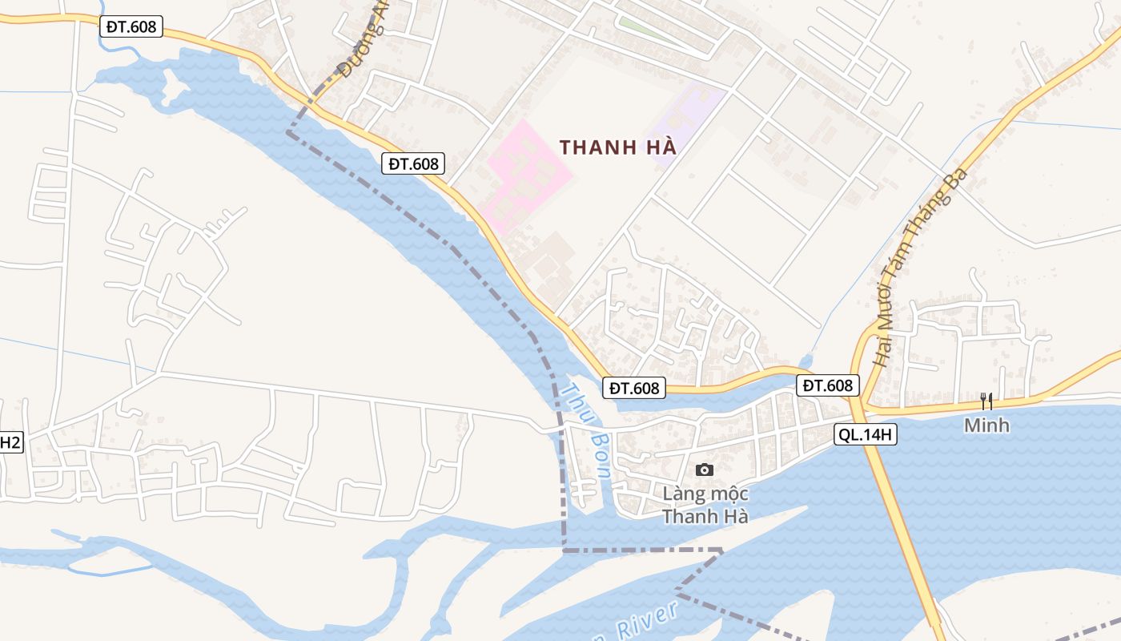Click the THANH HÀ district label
(x=618, y=147)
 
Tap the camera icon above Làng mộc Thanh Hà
(x=705, y=470)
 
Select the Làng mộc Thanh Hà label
(x=705, y=505)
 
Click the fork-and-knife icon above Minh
(x=986, y=401)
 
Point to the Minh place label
(x=986, y=425)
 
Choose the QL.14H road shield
(x=865, y=435)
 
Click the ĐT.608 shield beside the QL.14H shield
(x=828, y=385)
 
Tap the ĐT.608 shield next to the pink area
(x=414, y=163)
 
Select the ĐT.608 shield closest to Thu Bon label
(x=634, y=388)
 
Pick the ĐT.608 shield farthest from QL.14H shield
(x=131, y=26)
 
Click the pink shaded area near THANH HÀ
(x=524, y=176)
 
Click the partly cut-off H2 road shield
(x=10, y=441)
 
